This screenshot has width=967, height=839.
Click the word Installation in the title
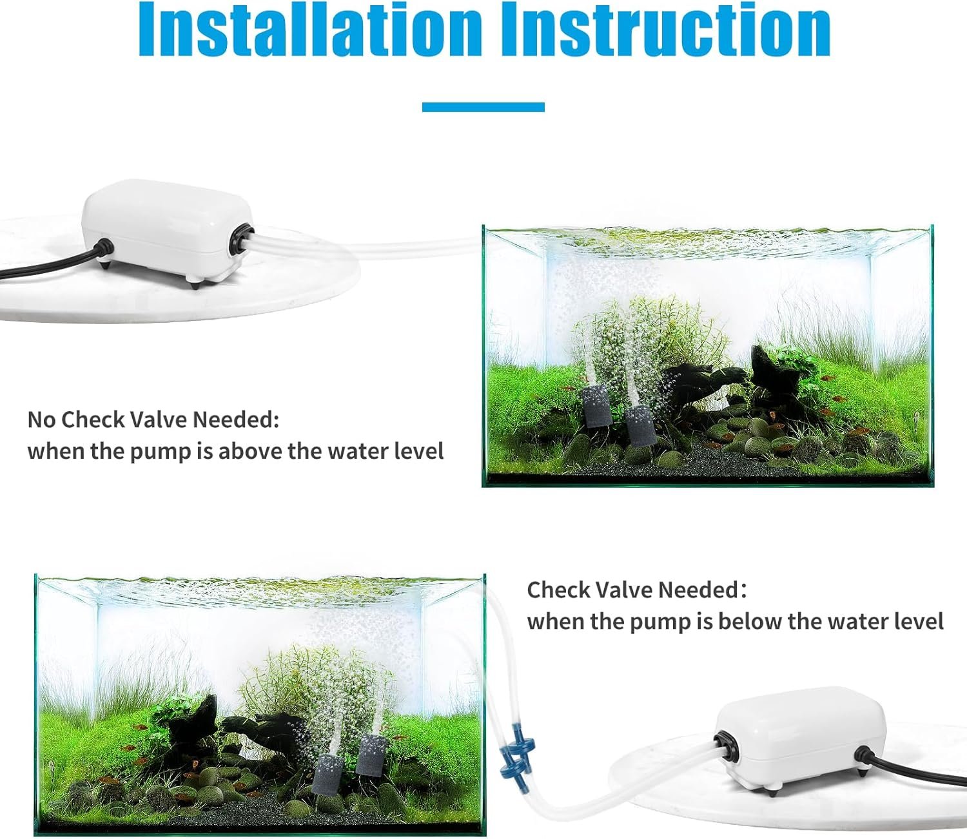[311, 29]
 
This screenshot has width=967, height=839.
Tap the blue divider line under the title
[483, 107]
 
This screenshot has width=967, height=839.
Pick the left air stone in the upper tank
[598, 406]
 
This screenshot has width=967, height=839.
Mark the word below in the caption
[749, 621]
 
